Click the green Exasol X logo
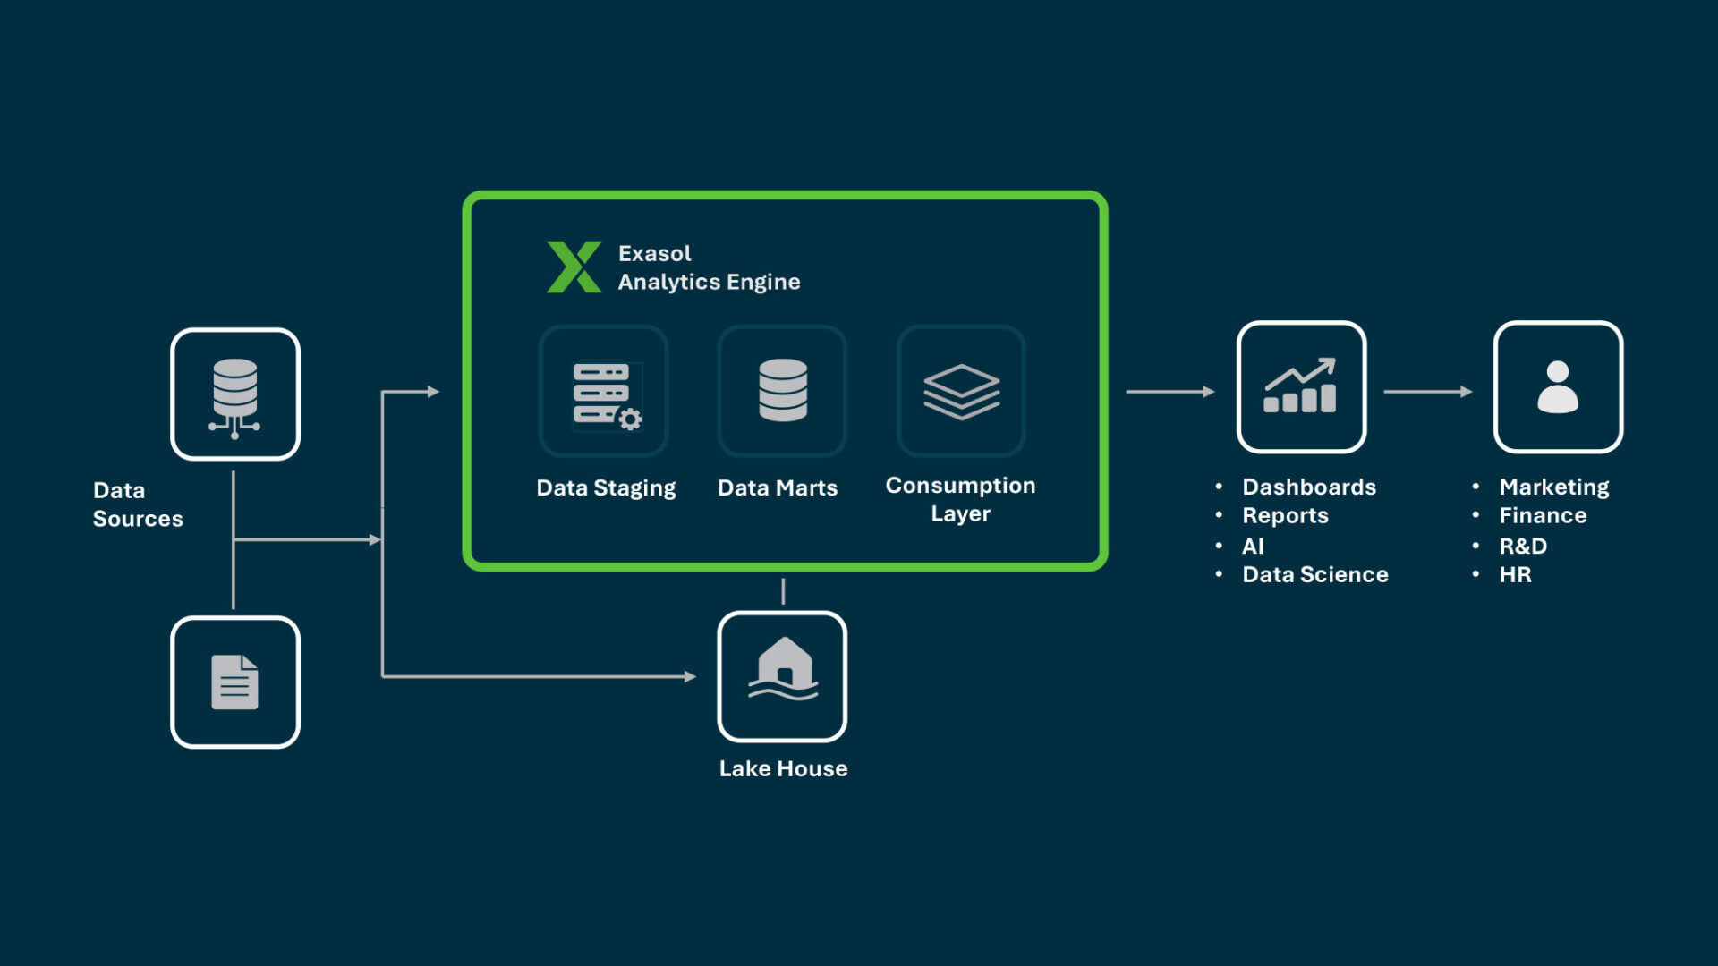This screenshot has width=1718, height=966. point(574,267)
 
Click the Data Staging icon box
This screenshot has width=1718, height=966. point(604,392)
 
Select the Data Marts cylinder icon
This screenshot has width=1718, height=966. point(783,391)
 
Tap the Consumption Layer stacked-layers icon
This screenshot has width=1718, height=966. point(961,392)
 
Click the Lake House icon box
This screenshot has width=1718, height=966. point(783,677)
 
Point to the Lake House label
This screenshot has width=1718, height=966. point(783,768)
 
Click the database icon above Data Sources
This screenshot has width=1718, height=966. point(235,394)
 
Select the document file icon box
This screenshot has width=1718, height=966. point(235,682)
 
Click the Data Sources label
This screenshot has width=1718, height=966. point(137,504)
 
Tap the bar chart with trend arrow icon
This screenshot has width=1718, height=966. point(1301,387)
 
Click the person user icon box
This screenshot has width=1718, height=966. point(1558,387)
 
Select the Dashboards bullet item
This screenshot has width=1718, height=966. point(1308,487)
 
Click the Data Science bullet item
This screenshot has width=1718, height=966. point(1314,574)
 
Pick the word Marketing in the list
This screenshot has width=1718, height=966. point(1553,487)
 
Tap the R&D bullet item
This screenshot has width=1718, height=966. point(1522,546)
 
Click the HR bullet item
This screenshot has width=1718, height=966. point(1515,574)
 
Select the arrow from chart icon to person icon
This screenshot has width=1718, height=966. point(1427,392)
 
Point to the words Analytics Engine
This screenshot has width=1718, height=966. point(709,282)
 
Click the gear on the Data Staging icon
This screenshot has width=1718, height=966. point(630,419)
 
